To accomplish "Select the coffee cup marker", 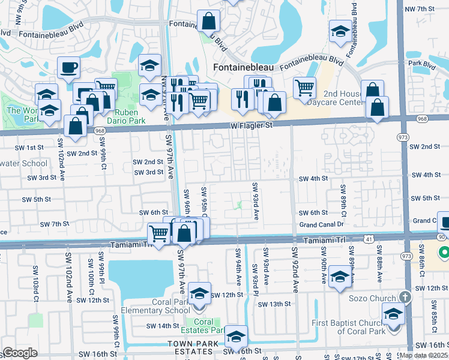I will [68, 68].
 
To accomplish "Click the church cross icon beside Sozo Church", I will [405, 298].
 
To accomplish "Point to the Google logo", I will [20, 352].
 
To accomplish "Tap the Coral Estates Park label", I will [203, 326].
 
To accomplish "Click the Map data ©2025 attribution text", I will [423, 355].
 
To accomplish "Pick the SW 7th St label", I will [55, 224].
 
